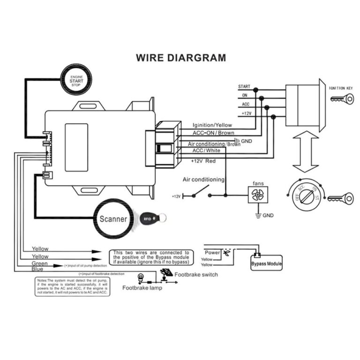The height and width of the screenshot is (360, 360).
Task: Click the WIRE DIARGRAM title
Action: [180, 58]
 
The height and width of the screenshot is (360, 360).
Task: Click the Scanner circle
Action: [113, 218]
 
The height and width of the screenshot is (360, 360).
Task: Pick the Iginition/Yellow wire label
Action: [212, 125]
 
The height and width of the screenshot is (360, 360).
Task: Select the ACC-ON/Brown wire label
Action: [213, 133]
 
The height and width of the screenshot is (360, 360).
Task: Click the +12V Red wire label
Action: [203, 161]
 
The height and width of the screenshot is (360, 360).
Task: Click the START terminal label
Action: [244, 87]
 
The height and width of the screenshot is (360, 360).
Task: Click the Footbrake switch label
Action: [196, 275]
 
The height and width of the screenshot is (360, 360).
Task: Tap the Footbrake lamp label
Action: [142, 288]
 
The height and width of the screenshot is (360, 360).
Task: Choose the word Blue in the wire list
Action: [37, 270]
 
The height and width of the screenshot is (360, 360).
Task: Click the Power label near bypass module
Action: [212, 253]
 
